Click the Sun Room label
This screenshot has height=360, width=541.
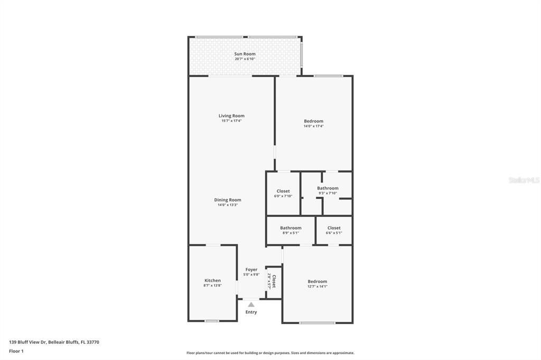(245, 54)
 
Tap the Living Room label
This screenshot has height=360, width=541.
(231, 116)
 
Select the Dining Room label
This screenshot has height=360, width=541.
(228, 200)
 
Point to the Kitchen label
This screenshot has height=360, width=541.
(212, 280)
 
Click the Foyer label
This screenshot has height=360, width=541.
(251, 270)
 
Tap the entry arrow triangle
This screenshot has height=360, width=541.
(251, 305)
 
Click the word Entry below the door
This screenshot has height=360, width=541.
(251, 312)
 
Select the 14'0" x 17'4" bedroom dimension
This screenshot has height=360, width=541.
(313, 126)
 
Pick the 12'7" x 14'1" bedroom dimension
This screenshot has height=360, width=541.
(318, 287)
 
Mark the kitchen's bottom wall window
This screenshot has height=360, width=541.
(212, 321)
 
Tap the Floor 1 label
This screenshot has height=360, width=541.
(16, 351)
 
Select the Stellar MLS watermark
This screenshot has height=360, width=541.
(524, 180)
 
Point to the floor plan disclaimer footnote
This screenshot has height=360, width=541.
(270, 353)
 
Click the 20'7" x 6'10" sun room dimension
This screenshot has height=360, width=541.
(245, 59)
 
